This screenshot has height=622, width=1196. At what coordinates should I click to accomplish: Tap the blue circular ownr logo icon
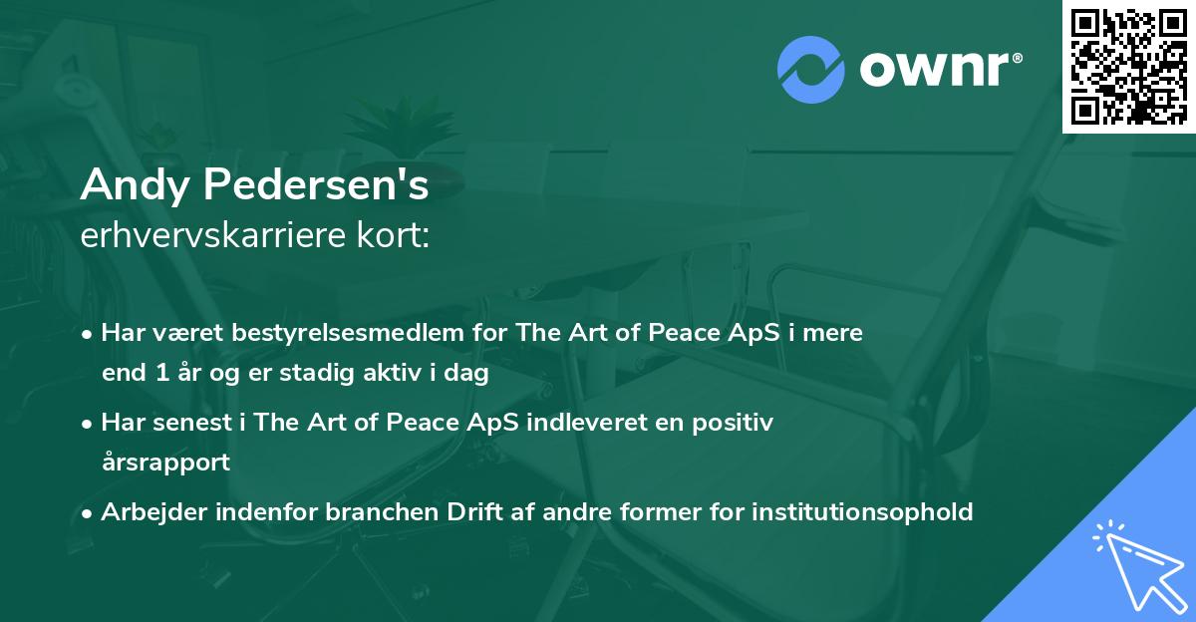point(811,69)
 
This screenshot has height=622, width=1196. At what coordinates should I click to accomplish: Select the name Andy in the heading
point(125,184)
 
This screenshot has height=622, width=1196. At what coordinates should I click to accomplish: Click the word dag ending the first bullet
point(469,375)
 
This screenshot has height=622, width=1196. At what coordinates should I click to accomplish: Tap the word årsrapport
point(165,464)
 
